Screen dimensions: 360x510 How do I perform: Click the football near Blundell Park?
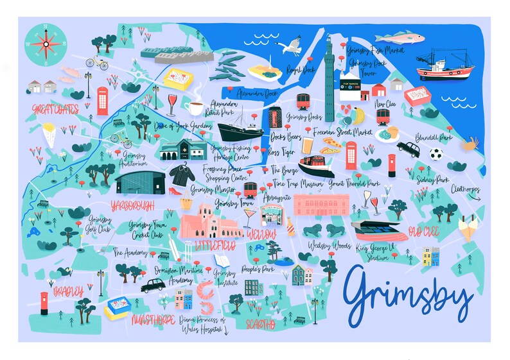tap(436, 154)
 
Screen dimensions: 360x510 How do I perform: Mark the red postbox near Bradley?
tap(44, 302)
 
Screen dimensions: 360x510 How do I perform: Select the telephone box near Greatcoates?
tap(102, 101)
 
